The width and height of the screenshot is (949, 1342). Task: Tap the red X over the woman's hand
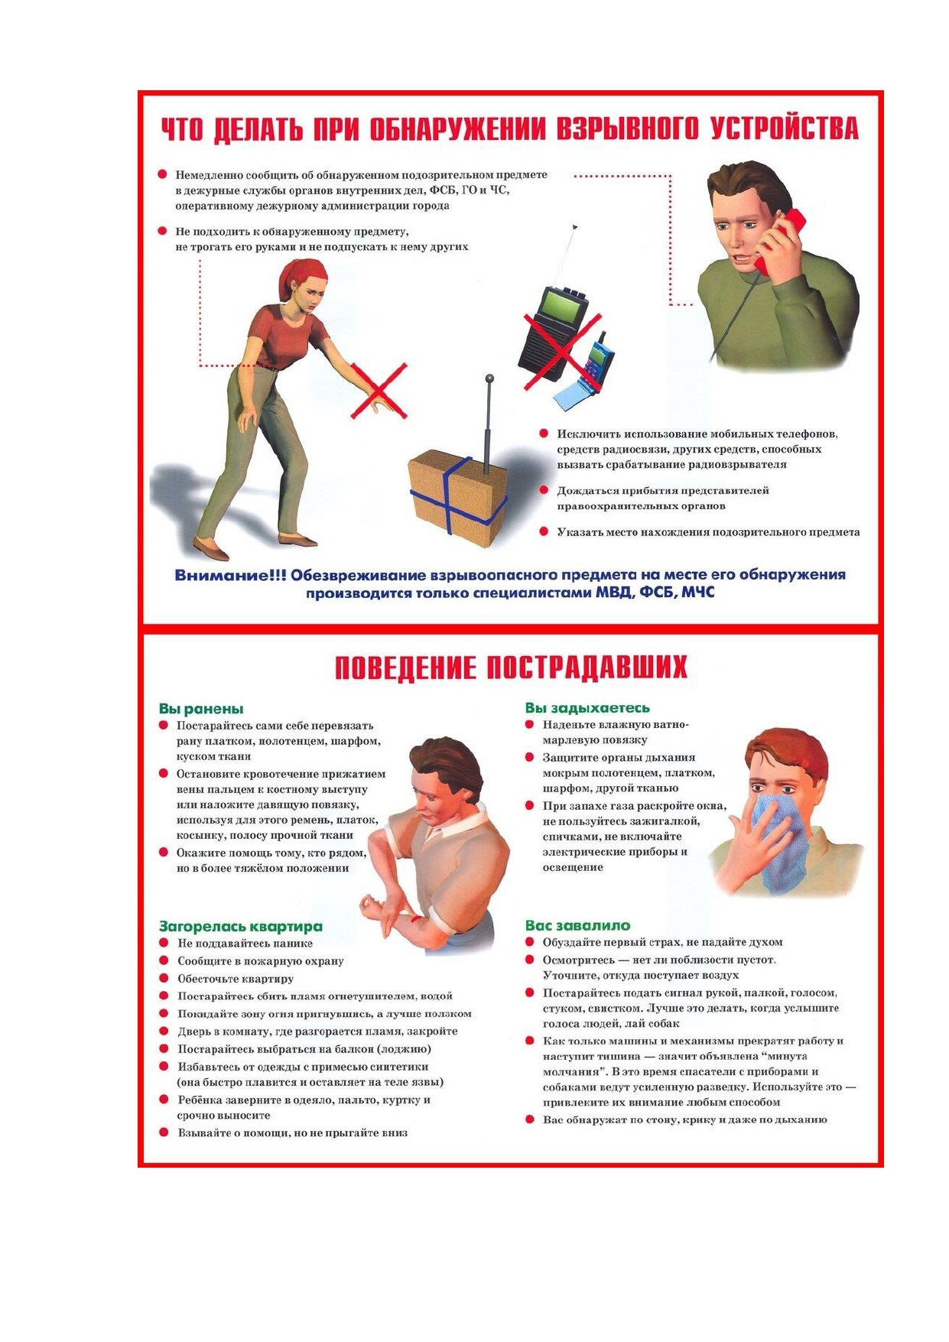[x=379, y=391]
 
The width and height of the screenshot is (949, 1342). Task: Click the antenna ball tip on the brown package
[x=489, y=378]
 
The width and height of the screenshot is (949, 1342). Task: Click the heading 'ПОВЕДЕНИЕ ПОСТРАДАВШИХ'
[x=511, y=668]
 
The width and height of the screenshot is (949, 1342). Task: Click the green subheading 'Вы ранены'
[x=201, y=709]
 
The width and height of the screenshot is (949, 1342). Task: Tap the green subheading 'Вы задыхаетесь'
[x=587, y=708]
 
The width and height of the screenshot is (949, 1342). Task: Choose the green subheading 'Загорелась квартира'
[x=241, y=926]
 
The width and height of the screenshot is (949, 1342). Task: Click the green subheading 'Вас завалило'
[x=577, y=925]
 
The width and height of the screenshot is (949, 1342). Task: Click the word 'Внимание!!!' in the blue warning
[x=230, y=576]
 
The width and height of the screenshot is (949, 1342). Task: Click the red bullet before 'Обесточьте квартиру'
[x=163, y=978]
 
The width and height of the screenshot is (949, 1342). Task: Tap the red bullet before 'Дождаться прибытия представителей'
[x=544, y=490]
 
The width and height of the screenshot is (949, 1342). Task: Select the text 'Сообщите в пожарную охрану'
[x=261, y=961]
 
